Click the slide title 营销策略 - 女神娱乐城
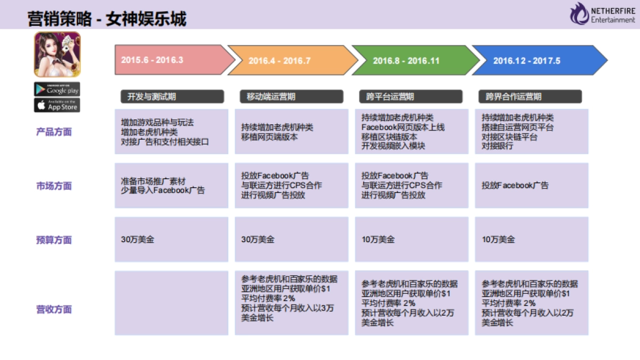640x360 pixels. pos(107,20)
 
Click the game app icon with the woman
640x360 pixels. pos(57,54)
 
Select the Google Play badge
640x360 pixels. pos(57,89)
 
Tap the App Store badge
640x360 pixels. pos(57,105)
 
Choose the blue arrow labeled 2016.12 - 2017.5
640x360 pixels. pos(533,60)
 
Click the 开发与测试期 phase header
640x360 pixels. pos(171,97)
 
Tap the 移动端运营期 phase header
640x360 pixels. pos(291,97)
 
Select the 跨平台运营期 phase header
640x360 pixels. pos(411,97)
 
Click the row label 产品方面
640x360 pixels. pos(54,132)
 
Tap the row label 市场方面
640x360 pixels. pos(54,186)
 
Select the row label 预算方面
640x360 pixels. pos(54,240)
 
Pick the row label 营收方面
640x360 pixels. pos(54,309)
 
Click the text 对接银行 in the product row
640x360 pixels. pos(497,146)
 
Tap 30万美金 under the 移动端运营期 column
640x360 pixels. pos(258,240)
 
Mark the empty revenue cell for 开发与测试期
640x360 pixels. pos(171,303)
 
